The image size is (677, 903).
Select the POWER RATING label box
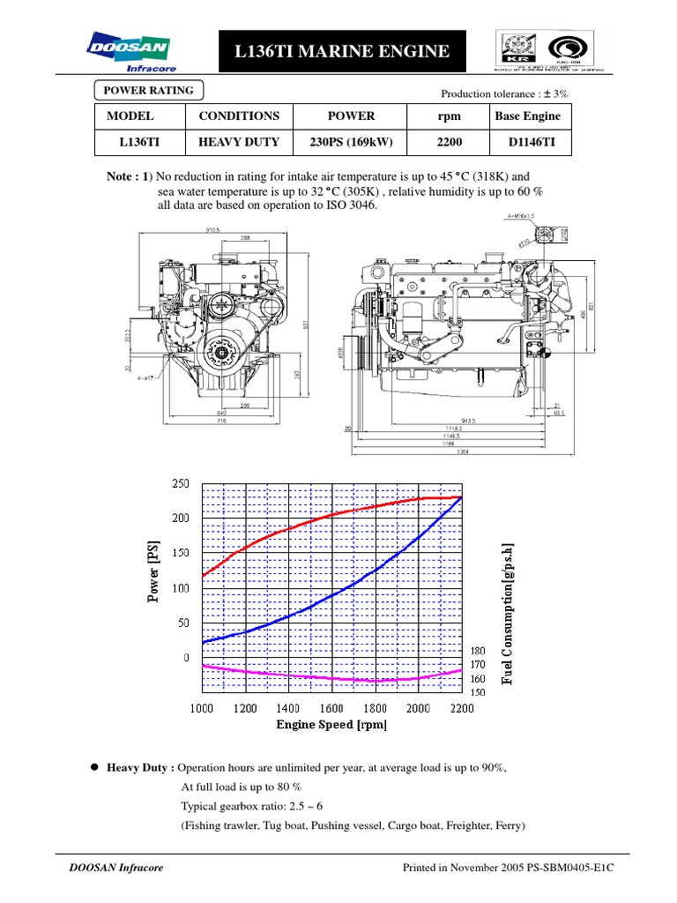coord(149,90)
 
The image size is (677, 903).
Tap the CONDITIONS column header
coord(239,116)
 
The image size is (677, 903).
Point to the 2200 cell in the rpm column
coord(449,141)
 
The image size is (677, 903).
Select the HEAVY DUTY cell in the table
coord(239,141)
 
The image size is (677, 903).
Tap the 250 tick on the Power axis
coord(180,484)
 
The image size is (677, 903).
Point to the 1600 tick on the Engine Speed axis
coord(331,709)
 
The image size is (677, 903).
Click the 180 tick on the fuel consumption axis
coord(479,651)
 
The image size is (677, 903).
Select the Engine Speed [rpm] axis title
coord(331,725)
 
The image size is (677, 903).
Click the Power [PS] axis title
coord(155,571)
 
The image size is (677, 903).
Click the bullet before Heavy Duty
coord(93,768)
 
